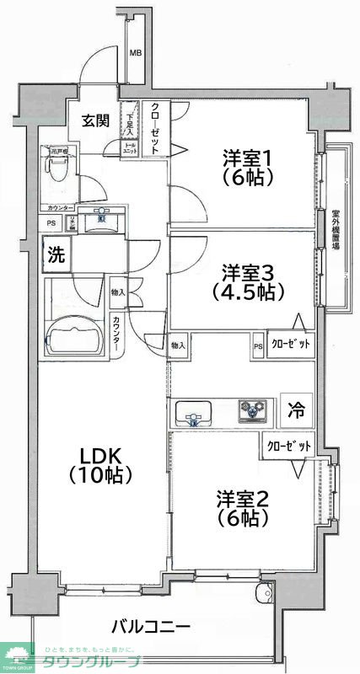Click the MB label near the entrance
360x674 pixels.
click(135, 54)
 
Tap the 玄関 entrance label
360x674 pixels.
click(95, 120)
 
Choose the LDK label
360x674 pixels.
click(98, 456)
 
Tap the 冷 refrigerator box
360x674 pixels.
click(296, 410)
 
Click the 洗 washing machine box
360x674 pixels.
click(56, 254)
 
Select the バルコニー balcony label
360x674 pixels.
click(151, 627)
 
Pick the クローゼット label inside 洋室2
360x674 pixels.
click(287, 446)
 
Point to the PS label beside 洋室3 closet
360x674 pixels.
click(258, 345)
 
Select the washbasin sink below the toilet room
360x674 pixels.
click(102, 222)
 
